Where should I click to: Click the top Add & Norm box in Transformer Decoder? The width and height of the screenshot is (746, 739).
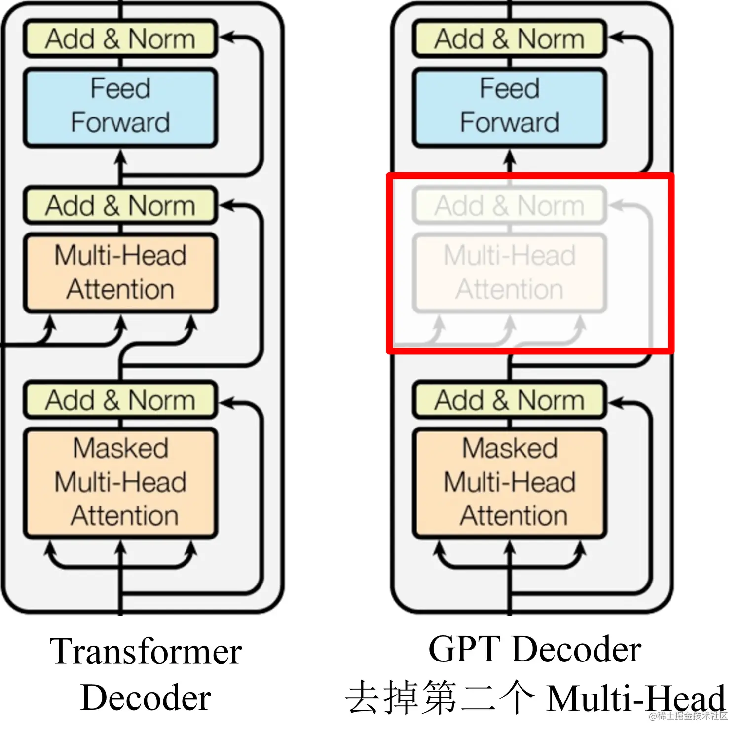[x=120, y=39]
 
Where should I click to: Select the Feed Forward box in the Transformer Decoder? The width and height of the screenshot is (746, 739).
[x=120, y=106]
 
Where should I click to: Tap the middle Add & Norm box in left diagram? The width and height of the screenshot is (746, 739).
[x=120, y=205]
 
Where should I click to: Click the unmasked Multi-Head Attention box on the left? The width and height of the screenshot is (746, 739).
[x=120, y=272]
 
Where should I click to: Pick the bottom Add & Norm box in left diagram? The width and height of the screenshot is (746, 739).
[x=120, y=400]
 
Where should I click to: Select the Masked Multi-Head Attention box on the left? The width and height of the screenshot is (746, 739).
[x=120, y=482]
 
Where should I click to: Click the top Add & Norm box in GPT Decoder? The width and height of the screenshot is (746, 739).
[x=509, y=39]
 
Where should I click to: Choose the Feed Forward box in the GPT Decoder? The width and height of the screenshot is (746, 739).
[x=509, y=106]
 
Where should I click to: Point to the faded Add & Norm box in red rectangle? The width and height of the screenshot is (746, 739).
[x=509, y=205]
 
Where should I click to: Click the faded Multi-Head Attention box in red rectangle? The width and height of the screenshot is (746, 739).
[x=509, y=272]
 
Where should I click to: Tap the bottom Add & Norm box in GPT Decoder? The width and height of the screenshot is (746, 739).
[x=509, y=400]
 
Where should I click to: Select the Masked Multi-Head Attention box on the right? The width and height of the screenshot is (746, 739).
[x=509, y=482]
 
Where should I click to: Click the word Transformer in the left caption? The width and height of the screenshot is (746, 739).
[x=146, y=652]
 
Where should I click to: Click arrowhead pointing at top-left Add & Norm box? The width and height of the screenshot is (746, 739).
[x=227, y=38]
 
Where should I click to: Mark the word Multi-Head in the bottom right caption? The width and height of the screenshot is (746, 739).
[x=636, y=698]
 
